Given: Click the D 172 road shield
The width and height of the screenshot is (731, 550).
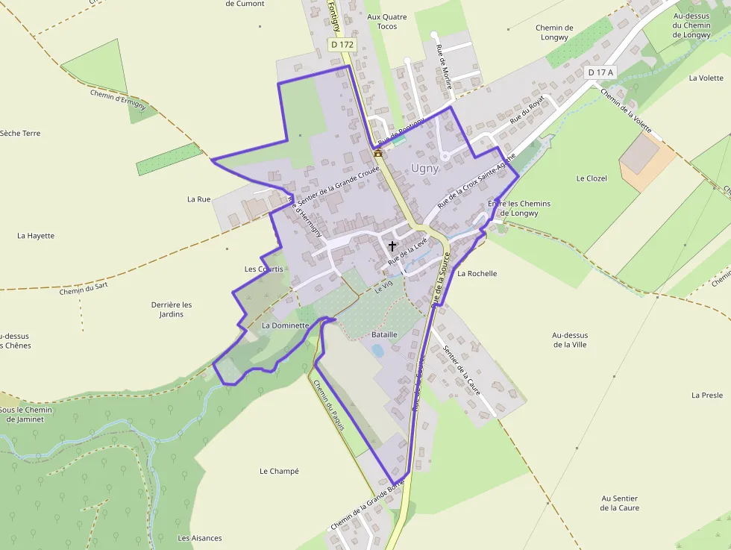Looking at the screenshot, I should click(342, 45).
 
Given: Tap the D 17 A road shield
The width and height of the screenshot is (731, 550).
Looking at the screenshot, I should click(600, 72).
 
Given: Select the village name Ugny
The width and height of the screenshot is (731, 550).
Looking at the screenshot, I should click(425, 169).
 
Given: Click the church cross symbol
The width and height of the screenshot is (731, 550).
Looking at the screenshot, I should click(392, 246).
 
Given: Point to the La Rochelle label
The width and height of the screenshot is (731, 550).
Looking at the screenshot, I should click(477, 274).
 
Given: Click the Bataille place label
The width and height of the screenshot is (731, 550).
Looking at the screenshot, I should click(384, 335).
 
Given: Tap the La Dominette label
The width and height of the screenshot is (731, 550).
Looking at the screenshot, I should click(285, 326).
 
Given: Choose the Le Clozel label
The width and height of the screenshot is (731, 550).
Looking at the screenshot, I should click(592, 179).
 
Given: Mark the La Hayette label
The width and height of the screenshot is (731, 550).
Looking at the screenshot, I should click(36, 236).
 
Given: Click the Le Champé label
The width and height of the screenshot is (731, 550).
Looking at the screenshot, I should click(279, 472).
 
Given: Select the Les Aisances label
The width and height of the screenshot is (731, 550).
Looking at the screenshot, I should click(200, 538).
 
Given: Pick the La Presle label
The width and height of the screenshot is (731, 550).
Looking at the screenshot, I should click(707, 396).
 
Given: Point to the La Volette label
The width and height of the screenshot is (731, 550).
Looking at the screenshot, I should click(706, 78).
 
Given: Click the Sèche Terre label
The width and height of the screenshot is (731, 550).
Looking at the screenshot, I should click(20, 134).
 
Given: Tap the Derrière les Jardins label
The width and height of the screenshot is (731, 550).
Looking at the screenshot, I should click(172, 310).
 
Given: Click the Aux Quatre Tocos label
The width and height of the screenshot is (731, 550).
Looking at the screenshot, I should click(387, 22).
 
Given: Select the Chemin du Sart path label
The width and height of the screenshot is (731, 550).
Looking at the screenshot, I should click(84, 288).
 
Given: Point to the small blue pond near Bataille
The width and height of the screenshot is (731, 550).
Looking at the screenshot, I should click(377, 350).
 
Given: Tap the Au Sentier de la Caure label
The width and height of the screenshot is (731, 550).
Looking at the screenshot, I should click(620, 503).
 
